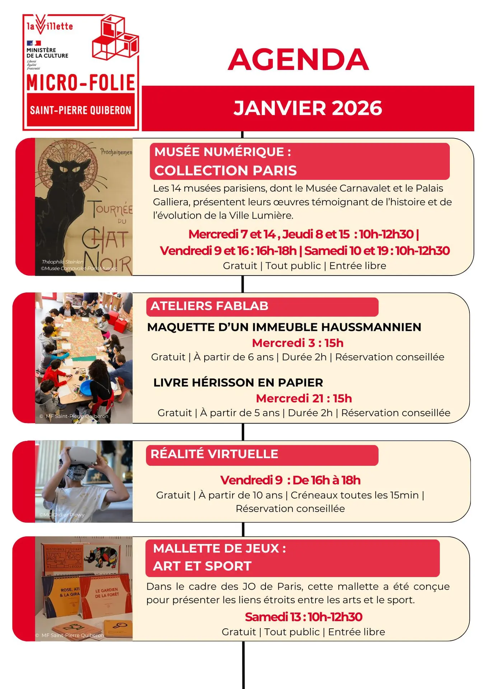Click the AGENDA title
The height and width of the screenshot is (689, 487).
coord(298,60)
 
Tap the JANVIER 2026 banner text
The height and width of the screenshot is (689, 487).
coord(308,108)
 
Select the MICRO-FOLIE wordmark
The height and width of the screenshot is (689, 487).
coord(81,83)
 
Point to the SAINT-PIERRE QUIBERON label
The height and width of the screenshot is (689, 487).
coord(81,110)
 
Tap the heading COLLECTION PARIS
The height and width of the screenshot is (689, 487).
coord(225,170)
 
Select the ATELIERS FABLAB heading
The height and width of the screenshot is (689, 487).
coord(209,306)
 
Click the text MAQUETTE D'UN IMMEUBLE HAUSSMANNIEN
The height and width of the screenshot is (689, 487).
coord(284,327)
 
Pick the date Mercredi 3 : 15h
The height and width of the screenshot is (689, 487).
coord(298,343)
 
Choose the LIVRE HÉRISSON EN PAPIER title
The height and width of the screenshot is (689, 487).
coord(238,383)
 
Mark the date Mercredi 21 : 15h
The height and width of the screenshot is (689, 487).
coord(304,398)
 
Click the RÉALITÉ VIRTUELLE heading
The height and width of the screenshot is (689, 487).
coord(214,454)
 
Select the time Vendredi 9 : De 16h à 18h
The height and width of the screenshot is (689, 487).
coord(290,480)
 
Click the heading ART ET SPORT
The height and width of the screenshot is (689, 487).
coord(202,566)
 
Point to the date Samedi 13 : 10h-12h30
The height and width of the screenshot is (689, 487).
coord(304,617)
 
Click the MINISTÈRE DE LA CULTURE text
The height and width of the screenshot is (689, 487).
coord(47,53)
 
